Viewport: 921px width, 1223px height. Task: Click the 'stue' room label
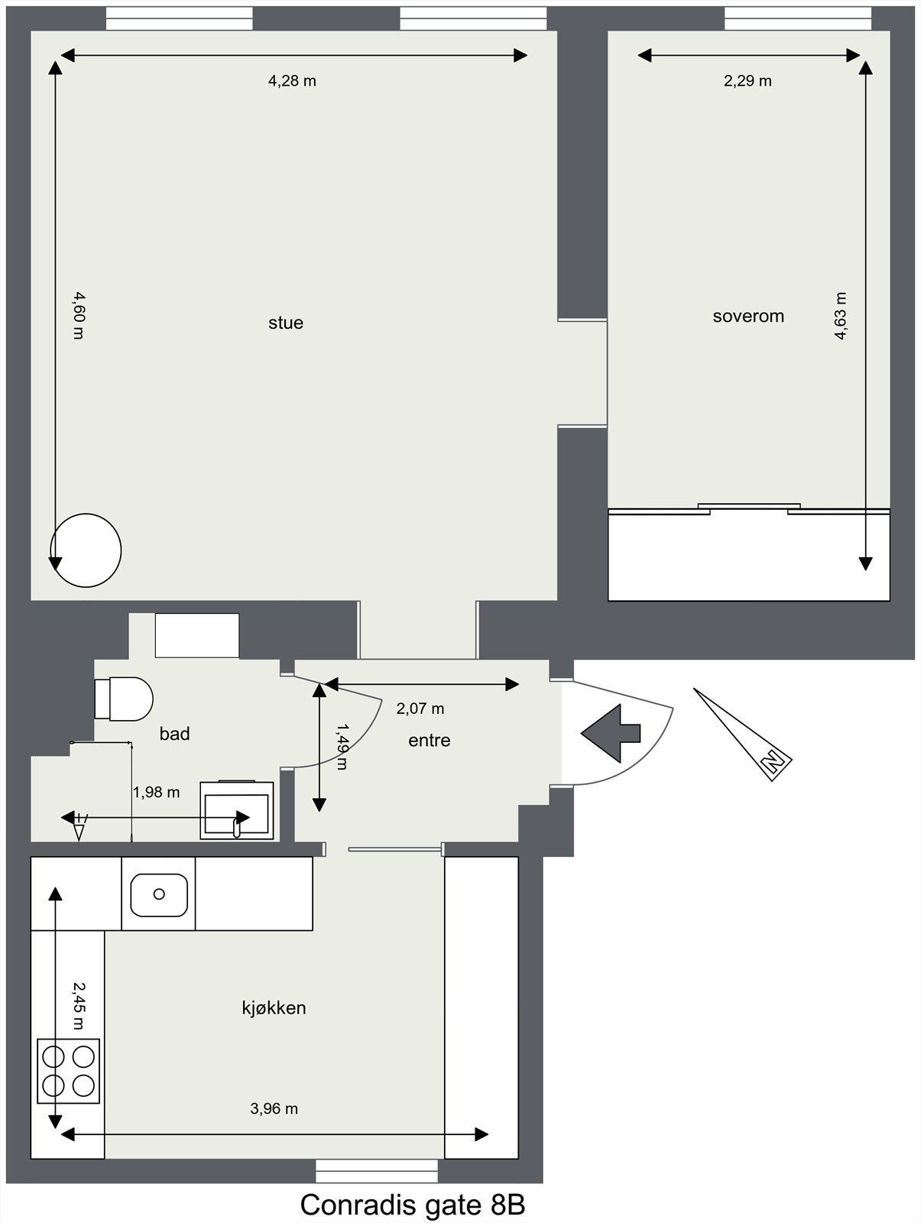pyautogui.click(x=286, y=323)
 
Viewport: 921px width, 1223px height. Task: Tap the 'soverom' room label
pyautogui.click(x=748, y=316)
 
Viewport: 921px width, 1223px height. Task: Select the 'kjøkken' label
pyautogui.click(x=274, y=1008)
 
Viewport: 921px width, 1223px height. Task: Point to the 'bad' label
pyautogui.click(x=174, y=734)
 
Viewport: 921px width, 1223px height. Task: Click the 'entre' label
pyautogui.click(x=429, y=741)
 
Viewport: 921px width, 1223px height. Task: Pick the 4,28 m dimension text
pyautogui.click(x=292, y=81)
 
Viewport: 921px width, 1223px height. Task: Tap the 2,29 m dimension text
pyautogui.click(x=748, y=81)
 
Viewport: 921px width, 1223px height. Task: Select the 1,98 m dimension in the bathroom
pyautogui.click(x=156, y=793)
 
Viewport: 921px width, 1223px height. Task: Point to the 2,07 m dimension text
pyautogui.click(x=420, y=709)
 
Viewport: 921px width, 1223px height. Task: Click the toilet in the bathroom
pyautogui.click(x=124, y=699)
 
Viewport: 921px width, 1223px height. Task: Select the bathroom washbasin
pyautogui.click(x=237, y=810)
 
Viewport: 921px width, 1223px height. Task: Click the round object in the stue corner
pyautogui.click(x=86, y=550)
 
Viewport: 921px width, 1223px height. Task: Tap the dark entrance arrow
pyautogui.click(x=611, y=733)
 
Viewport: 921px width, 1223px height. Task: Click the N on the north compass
pyautogui.click(x=773, y=761)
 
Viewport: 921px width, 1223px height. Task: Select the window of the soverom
pyautogui.click(x=798, y=18)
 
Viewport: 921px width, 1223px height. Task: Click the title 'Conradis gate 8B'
pyautogui.click(x=413, y=1205)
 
